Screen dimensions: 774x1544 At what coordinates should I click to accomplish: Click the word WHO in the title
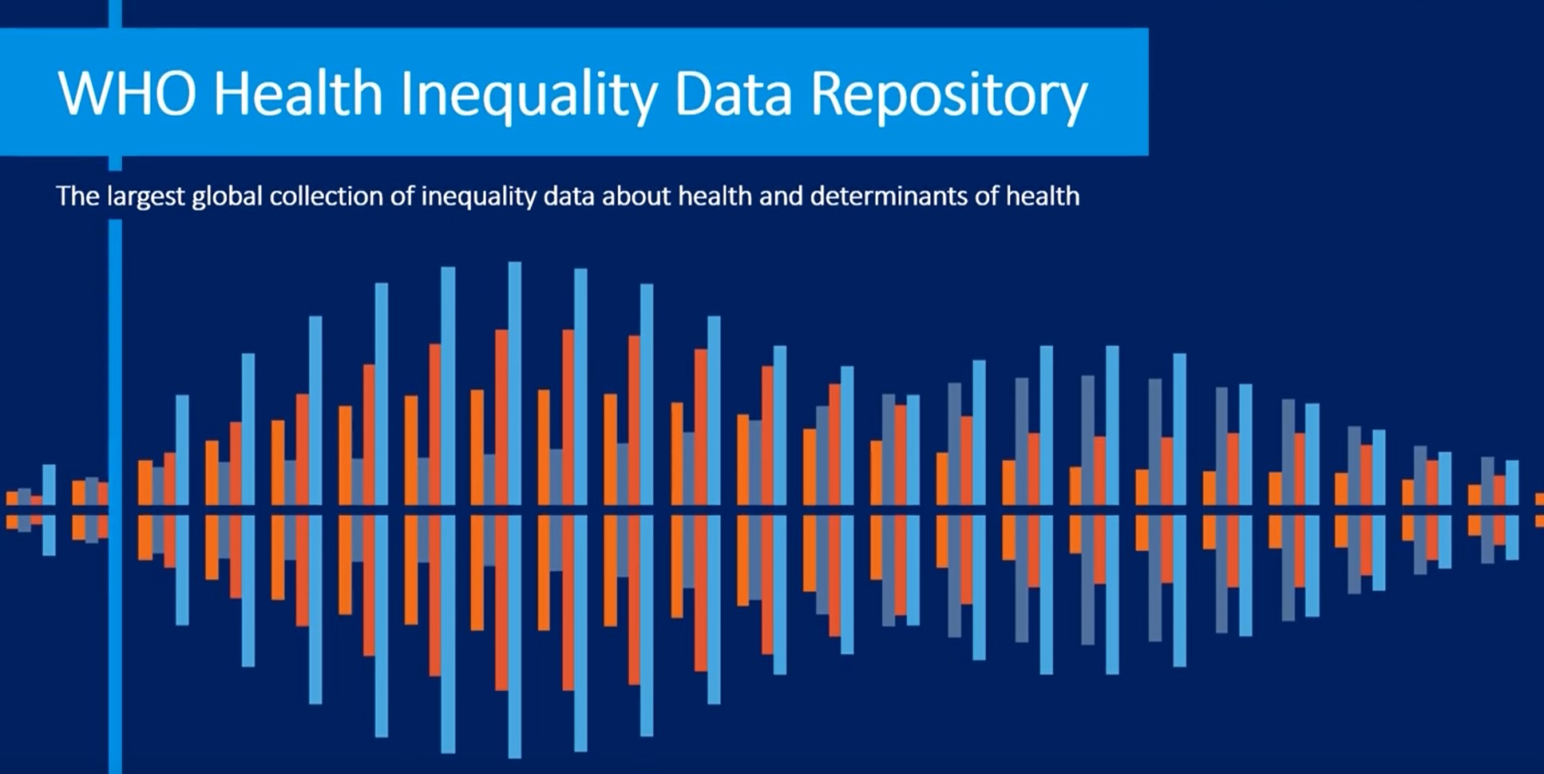(126, 93)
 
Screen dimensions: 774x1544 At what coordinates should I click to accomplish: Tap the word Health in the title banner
(299, 93)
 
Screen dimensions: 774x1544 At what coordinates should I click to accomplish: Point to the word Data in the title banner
(733, 93)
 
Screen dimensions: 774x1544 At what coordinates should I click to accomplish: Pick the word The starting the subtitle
(77, 196)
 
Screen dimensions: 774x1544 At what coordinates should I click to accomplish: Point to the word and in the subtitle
(781, 196)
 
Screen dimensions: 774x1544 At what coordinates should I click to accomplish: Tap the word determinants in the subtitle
(889, 196)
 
